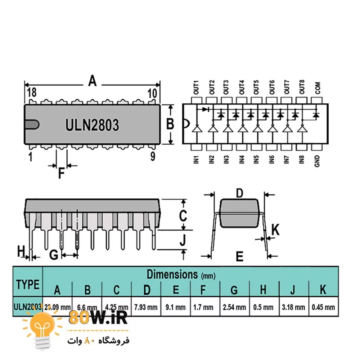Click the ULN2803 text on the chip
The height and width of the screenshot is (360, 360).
click(92, 125)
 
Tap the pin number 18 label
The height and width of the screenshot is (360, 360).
click(31, 93)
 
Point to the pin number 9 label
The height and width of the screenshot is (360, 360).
click(153, 157)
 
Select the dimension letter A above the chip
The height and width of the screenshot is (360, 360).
click(93, 81)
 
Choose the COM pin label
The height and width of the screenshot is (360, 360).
click(317, 88)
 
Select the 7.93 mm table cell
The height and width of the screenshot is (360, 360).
click(146, 307)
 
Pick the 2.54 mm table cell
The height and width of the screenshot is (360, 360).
click(234, 307)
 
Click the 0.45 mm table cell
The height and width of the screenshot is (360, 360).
click(323, 307)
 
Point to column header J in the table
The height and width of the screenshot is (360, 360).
click(293, 289)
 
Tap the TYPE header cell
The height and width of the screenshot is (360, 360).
click(28, 284)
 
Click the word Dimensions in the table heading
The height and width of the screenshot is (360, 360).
click(172, 274)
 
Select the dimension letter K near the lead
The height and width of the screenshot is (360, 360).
click(275, 230)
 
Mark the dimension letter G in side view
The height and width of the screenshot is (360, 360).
click(54, 255)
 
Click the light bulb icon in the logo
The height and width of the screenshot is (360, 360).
click(42, 329)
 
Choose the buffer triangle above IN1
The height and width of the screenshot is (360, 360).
click(197, 129)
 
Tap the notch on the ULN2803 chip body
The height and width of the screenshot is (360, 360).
click(31, 124)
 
